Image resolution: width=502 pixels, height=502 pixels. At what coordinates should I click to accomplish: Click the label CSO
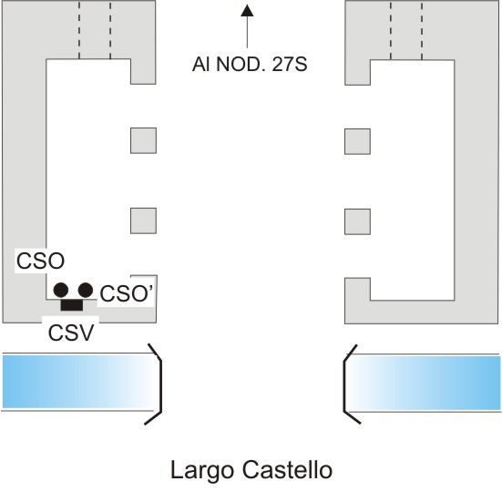point(40,261)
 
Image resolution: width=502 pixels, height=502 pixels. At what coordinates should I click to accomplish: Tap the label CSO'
point(127,293)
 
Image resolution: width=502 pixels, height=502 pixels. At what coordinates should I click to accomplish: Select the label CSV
point(71,333)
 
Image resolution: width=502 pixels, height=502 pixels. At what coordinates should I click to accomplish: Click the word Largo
point(202,470)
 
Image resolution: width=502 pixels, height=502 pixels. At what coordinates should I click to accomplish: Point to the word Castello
point(287,470)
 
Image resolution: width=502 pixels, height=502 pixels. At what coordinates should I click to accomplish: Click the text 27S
point(290,65)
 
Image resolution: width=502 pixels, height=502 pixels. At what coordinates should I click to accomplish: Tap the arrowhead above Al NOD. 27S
point(247,10)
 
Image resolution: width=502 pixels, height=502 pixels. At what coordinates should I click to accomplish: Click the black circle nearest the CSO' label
point(86,290)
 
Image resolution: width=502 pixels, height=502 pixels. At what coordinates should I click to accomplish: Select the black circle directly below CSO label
point(61,290)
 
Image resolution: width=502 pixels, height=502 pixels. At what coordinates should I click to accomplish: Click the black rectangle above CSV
point(72,304)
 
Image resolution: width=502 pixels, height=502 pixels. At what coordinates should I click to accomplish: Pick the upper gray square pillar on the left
point(143,140)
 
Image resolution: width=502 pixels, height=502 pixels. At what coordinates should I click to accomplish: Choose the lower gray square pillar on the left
point(143,220)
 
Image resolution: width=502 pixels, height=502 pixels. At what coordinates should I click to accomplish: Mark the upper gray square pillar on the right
point(358,141)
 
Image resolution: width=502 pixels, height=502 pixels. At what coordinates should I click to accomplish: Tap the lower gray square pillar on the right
point(358,222)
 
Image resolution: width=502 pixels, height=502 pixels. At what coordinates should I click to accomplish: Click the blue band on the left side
point(78,382)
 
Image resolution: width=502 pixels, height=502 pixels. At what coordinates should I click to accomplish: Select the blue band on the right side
point(425,383)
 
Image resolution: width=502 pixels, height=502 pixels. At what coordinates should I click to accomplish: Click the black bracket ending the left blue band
point(160,384)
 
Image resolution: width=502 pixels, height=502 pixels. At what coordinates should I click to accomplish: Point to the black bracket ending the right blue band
point(344,384)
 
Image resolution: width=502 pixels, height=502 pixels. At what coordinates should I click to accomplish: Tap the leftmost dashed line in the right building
point(391,30)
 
